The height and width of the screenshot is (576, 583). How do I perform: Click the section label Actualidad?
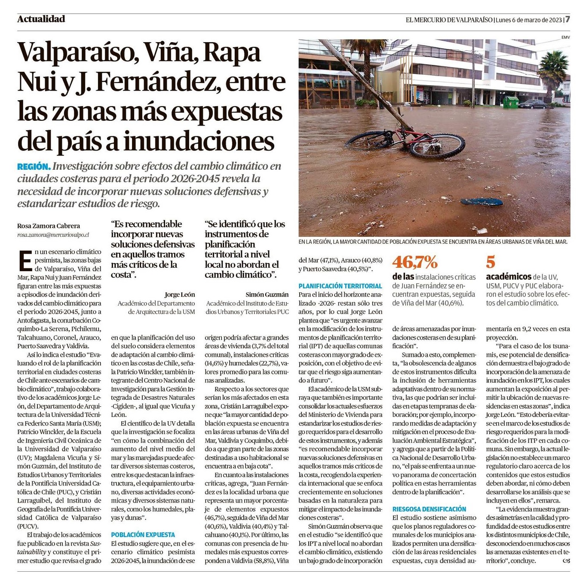[41, 19]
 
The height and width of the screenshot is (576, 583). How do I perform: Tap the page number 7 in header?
[568, 19]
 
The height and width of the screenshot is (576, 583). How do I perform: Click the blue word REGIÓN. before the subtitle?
[34, 166]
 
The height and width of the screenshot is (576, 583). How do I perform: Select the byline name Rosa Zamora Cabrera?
[49, 226]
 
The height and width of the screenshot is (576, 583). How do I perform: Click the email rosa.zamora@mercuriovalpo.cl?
[53, 235]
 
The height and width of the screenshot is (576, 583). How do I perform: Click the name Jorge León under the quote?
[179, 294]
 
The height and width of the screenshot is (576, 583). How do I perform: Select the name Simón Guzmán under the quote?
[267, 294]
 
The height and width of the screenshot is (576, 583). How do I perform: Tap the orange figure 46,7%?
[414, 262]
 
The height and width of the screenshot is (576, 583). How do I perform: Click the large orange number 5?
[491, 262]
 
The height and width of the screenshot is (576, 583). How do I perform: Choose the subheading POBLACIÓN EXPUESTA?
[143, 535]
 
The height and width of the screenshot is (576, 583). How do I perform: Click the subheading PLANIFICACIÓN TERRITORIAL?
[340, 286]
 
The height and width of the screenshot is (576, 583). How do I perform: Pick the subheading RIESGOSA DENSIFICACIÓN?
[429, 509]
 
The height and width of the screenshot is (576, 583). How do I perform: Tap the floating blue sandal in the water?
[481, 202]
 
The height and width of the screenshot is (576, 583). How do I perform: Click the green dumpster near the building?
[511, 102]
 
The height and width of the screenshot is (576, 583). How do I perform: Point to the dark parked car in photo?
[532, 104]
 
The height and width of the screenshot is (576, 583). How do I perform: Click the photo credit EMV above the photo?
[565, 37]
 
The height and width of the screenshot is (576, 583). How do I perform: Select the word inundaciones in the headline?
[199, 141]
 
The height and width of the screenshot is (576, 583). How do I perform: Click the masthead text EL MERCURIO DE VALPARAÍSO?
[449, 20]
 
